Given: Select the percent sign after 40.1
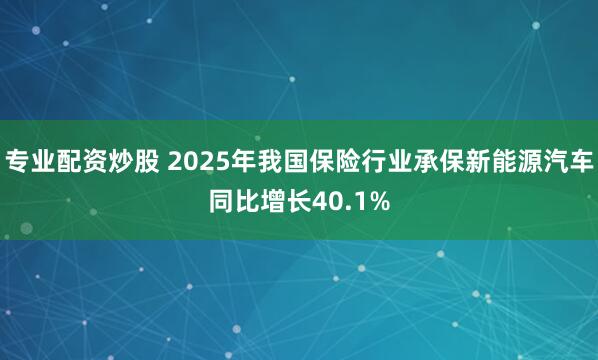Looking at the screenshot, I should click(379, 203).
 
